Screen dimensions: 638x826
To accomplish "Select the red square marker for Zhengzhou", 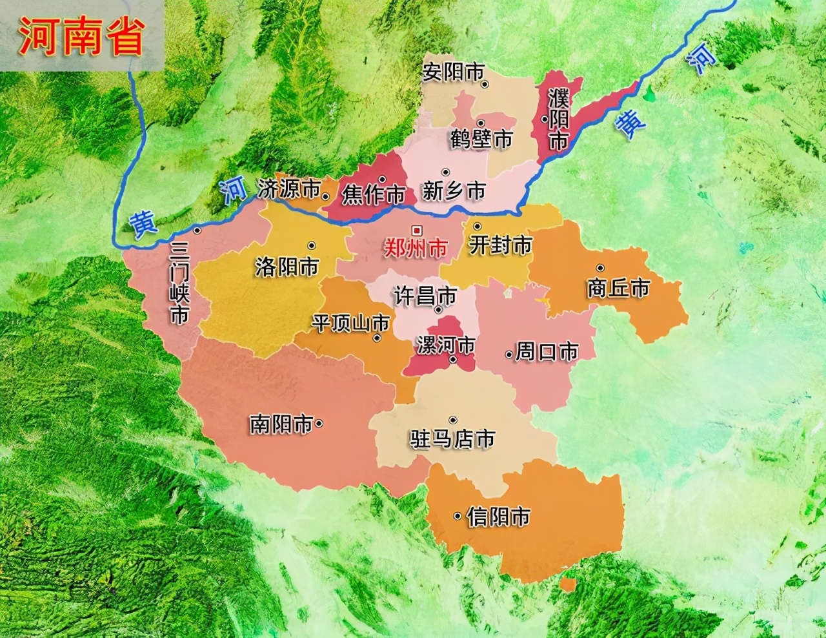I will click(417, 229).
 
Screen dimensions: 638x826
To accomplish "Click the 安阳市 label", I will click(452, 72).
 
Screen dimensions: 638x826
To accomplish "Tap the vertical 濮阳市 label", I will click(558, 120).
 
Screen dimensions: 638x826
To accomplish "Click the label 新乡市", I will click(454, 191).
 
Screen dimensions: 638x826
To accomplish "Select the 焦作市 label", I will click(374, 194).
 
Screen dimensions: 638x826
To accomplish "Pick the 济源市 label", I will click(288, 189).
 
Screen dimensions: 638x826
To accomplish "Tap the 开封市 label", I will click(500, 245).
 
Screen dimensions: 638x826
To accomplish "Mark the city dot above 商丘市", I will click(600, 268).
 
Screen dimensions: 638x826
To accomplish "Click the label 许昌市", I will click(425, 296).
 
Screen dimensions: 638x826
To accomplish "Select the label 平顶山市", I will click(350, 323).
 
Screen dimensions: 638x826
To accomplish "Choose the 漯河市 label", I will click(446, 345).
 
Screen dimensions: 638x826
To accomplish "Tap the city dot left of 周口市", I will click(509, 354).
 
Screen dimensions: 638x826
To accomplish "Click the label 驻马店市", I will click(452, 439).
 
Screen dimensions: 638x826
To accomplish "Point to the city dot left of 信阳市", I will click(457, 516).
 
